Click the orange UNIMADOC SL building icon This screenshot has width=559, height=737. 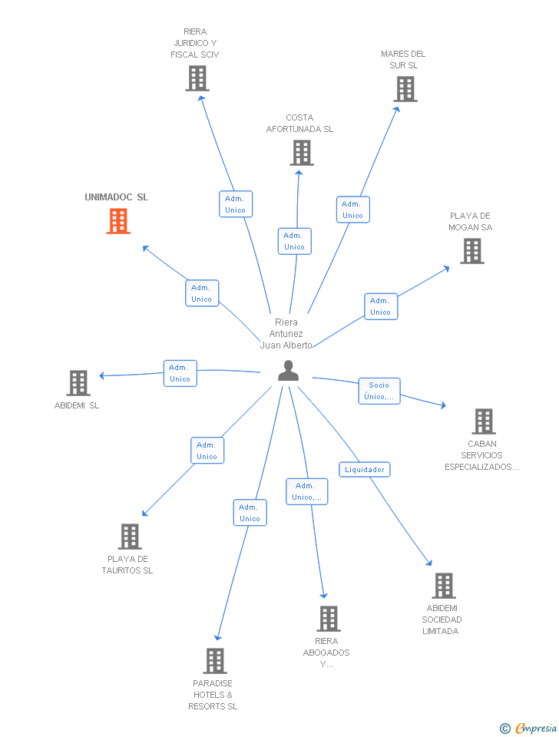pyautogui.click(x=117, y=221)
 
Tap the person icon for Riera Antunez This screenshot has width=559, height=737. pyautogui.click(x=288, y=371)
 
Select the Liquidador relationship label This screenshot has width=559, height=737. pyautogui.click(x=365, y=469)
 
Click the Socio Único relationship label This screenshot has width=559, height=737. pyautogui.click(x=379, y=391)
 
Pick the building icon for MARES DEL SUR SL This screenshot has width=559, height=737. pyautogui.click(x=405, y=89)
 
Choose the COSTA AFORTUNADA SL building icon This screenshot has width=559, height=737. pyautogui.click(x=302, y=153)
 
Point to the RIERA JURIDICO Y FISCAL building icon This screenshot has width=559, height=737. pyautogui.click(x=197, y=78)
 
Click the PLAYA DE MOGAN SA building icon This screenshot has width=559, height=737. pyautogui.click(x=472, y=251)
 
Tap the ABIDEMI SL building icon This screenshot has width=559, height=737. pyautogui.click(x=78, y=383)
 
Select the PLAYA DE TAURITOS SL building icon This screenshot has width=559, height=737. pyautogui.click(x=130, y=537)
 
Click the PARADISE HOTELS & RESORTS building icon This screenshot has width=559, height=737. pyautogui.click(x=215, y=661)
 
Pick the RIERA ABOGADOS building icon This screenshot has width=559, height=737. pyautogui.click(x=329, y=619)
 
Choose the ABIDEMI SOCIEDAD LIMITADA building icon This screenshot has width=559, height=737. pyautogui.click(x=443, y=586)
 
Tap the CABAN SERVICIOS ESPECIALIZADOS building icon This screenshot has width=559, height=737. pyautogui.click(x=483, y=421)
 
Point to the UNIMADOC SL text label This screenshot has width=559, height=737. pyautogui.click(x=117, y=197)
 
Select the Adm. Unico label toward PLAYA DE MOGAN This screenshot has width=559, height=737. pyautogui.click(x=380, y=306)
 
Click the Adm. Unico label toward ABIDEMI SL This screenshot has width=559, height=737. pyautogui.click(x=180, y=373)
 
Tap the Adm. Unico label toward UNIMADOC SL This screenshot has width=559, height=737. pyautogui.click(x=202, y=293)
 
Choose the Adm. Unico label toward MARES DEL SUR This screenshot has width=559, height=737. pyautogui.click(x=352, y=210)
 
